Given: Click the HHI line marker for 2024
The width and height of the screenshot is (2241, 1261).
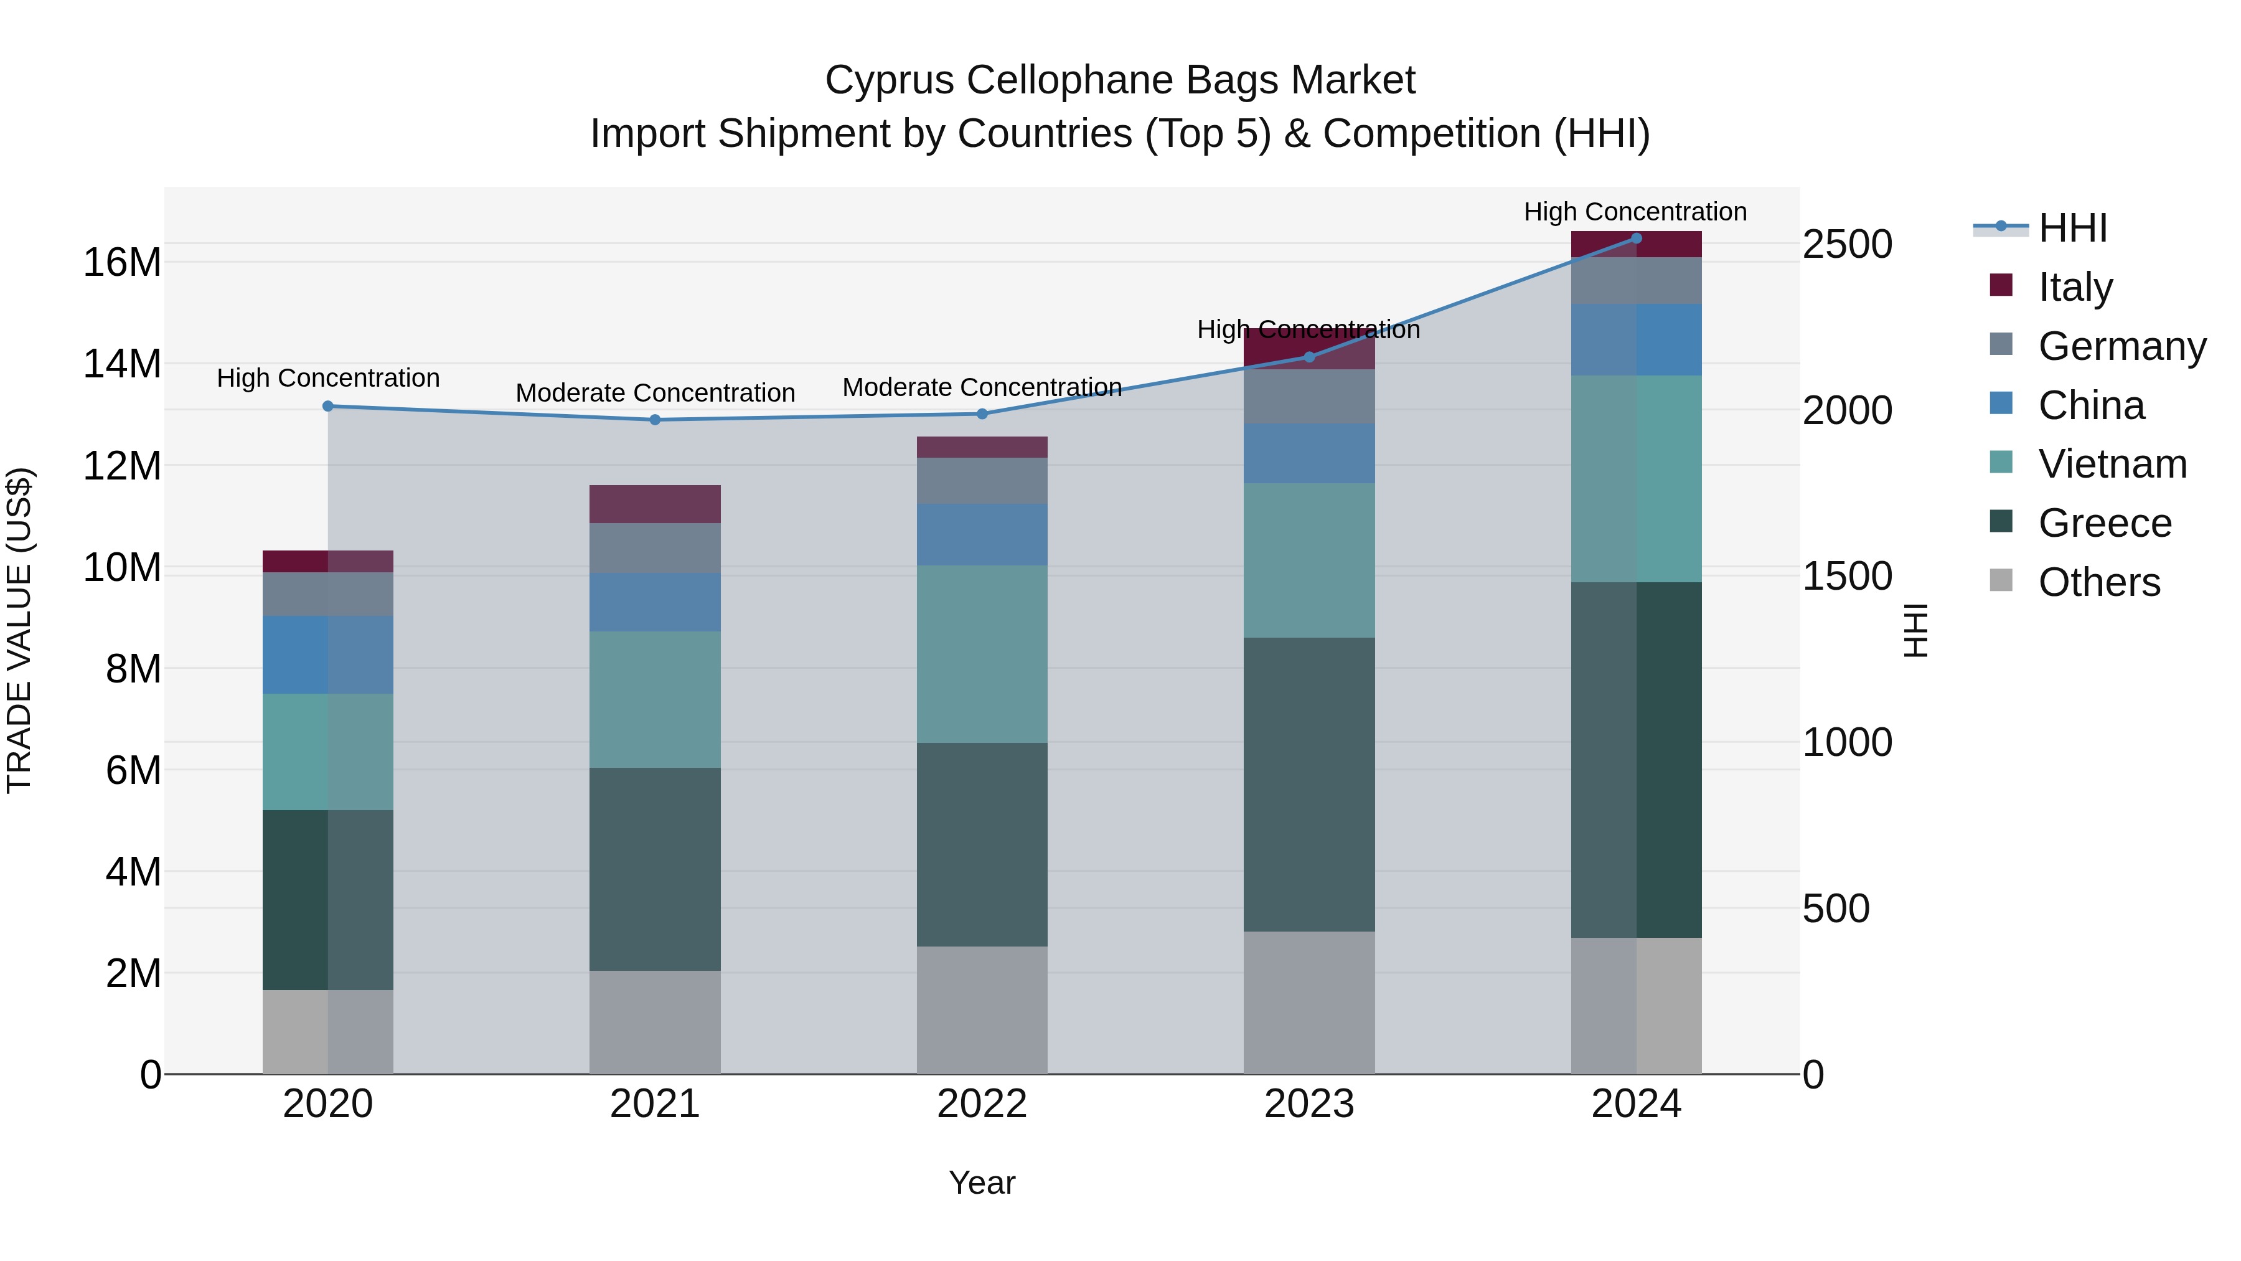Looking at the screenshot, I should coord(1635,239).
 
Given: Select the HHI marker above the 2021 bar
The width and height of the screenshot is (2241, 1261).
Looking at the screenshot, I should coord(655,420).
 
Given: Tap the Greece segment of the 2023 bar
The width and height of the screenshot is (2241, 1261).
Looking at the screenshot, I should coord(1308,784).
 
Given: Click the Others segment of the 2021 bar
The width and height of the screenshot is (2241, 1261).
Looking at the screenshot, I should coord(655,1022).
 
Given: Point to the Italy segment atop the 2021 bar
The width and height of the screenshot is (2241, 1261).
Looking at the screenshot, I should coord(655,504).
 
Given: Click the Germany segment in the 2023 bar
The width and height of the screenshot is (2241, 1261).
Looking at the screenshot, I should coord(1308,397).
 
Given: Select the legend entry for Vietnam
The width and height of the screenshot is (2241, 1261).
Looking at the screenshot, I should coord(2112,464).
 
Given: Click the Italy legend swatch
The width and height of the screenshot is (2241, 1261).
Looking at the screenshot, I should coord(2001,285).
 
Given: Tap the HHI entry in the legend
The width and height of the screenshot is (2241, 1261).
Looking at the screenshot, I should coord(2072,228).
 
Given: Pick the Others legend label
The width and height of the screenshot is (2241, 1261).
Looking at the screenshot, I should coord(2098,582).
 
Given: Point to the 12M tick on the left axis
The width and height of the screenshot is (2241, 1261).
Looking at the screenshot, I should coord(123,466).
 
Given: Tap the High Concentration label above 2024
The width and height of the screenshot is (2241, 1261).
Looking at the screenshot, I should coord(1635,212).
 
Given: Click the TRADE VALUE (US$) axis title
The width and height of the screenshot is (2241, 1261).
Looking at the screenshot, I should coord(19,630).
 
